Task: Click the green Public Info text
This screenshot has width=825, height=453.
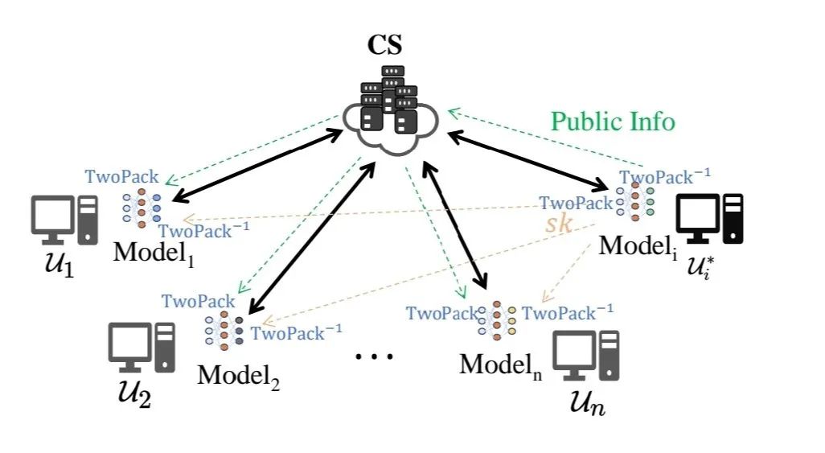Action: point(613,121)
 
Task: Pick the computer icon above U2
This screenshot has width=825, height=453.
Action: point(142,348)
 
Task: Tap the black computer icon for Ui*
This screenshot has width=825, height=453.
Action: point(708,218)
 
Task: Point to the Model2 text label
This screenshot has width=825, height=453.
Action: point(239,375)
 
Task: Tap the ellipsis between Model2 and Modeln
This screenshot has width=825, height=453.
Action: point(375,355)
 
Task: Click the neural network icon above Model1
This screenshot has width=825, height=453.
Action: point(142,207)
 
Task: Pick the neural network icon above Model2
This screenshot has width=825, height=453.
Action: point(224,328)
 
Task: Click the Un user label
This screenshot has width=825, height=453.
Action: point(584,400)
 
